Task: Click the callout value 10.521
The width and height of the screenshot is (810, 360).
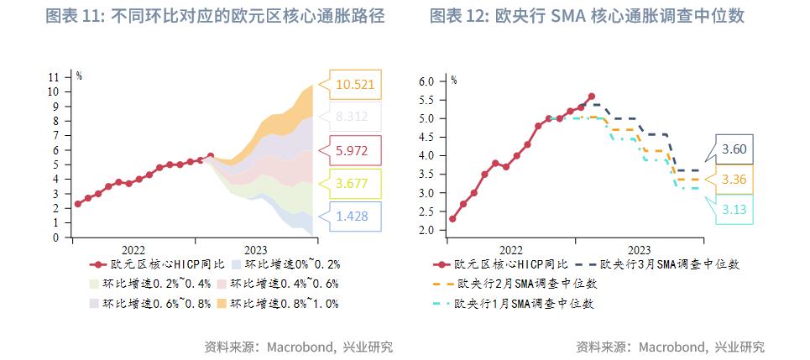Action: click(x=355, y=84)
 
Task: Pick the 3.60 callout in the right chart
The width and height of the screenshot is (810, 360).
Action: click(x=734, y=149)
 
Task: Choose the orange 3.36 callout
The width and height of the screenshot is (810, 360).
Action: click(x=734, y=179)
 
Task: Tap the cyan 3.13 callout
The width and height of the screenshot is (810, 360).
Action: click(x=734, y=209)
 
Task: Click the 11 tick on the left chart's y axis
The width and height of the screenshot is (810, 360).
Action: click(x=54, y=76)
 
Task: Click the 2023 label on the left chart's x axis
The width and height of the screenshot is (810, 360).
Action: click(x=256, y=250)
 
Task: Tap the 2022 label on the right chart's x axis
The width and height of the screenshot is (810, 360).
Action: click(x=510, y=250)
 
